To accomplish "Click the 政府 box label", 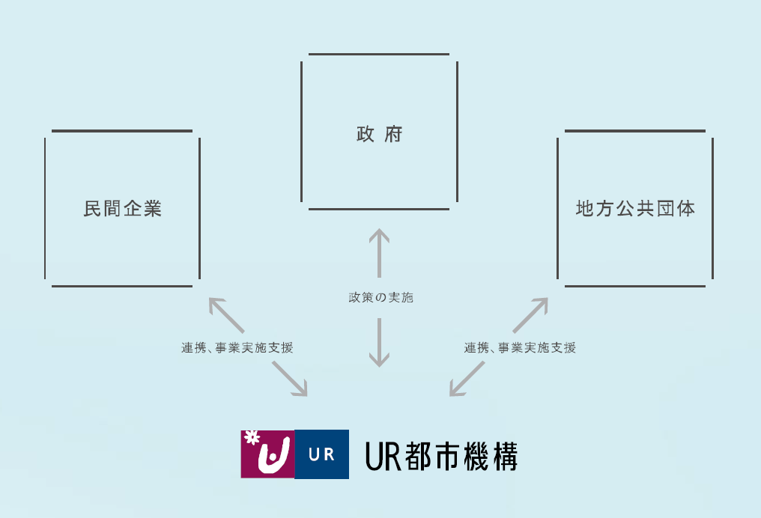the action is (x=380, y=134).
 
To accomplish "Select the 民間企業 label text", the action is (x=122, y=209).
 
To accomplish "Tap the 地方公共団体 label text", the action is (x=635, y=209).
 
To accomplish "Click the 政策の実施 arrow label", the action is (x=381, y=297).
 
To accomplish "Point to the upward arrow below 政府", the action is (x=379, y=253).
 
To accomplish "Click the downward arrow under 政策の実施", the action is (x=379, y=342).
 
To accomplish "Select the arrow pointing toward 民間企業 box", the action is (x=226, y=315).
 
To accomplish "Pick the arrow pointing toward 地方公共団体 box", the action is (x=530, y=315).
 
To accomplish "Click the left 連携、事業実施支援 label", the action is (x=237, y=348).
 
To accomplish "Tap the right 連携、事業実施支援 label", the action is (x=520, y=348).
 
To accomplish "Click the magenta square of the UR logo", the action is (x=268, y=454).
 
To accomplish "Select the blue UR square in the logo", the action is (x=322, y=454).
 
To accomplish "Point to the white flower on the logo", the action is (x=252, y=437).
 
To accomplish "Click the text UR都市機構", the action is (x=441, y=456).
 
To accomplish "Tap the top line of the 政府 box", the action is (x=379, y=55).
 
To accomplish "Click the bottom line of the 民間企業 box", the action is (x=122, y=286).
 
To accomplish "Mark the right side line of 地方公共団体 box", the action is (x=712, y=209).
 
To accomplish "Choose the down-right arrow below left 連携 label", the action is (x=290, y=379).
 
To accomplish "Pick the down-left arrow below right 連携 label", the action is (x=467, y=379).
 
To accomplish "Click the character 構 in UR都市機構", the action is (x=506, y=456).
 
